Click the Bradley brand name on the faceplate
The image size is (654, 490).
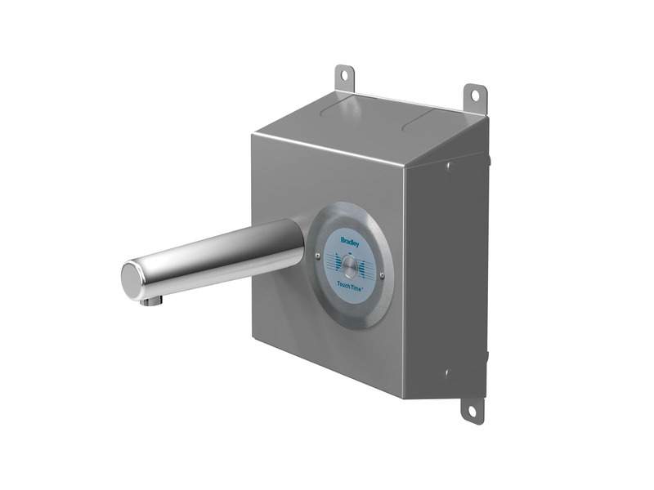(349, 240)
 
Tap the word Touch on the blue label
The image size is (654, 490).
(343, 283)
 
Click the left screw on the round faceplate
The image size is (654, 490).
(318, 256)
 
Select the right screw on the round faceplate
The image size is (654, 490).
(382, 274)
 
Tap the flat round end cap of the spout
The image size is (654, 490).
(131, 281)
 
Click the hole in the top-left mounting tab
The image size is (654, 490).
(345, 75)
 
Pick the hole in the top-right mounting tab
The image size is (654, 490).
(475, 96)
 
